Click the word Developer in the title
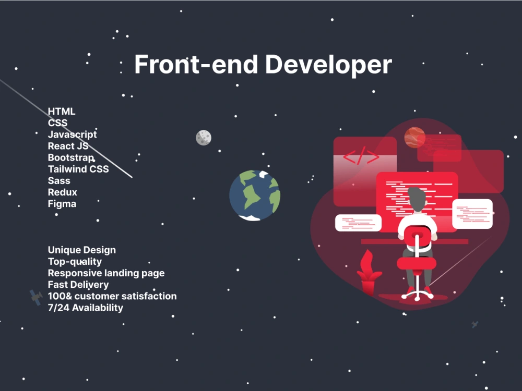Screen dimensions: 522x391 point(328,65)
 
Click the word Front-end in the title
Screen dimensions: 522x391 point(196,64)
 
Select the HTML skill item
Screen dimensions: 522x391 point(62,112)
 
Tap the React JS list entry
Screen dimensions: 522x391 point(68,146)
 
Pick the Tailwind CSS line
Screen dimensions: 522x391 point(78,169)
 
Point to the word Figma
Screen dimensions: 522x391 point(62,204)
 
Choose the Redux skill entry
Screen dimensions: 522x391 point(63,192)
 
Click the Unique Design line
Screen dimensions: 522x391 point(82,250)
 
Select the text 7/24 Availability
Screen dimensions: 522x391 point(86,308)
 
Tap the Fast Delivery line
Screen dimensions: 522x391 point(78,285)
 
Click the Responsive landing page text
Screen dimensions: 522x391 point(106,273)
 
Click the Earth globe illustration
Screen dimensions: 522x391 point(255,195)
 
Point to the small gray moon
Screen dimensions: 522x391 point(204,138)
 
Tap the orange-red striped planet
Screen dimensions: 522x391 point(414,137)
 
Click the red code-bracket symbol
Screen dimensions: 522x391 point(361,155)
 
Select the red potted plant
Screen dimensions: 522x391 point(369,273)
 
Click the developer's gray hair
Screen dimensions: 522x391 point(417,199)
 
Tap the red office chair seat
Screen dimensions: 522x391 point(417,263)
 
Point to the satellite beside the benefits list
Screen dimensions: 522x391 point(35,297)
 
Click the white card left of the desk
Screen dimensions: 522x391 point(358,223)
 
